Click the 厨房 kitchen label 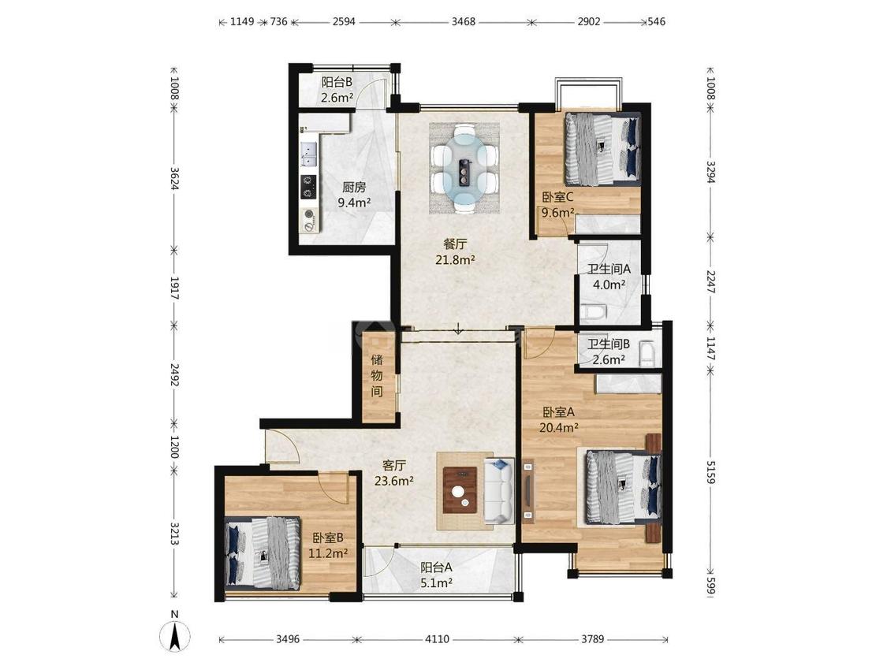tap(354, 187)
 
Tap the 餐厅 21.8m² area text tap(455, 252)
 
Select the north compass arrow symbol tap(175, 635)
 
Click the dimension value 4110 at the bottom tap(437, 639)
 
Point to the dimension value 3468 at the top tap(464, 22)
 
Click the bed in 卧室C tap(602, 149)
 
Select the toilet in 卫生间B tap(647, 355)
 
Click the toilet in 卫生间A tap(594, 311)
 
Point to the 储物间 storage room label tap(377, 375)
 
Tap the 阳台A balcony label tap(436, 567)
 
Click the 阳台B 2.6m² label tap(337, 90)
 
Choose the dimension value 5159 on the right tap(711, 471)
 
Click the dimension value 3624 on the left tap(175, 178)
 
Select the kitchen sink tap(309, 153)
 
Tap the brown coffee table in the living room tap(460, 490)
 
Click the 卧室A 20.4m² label tap(559, 419)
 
